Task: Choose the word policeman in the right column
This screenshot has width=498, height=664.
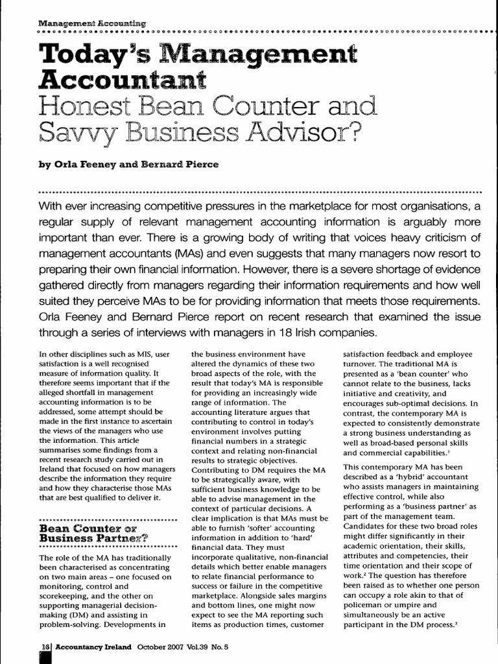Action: (369, 604)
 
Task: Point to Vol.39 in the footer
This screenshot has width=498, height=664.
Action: (204, 646)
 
